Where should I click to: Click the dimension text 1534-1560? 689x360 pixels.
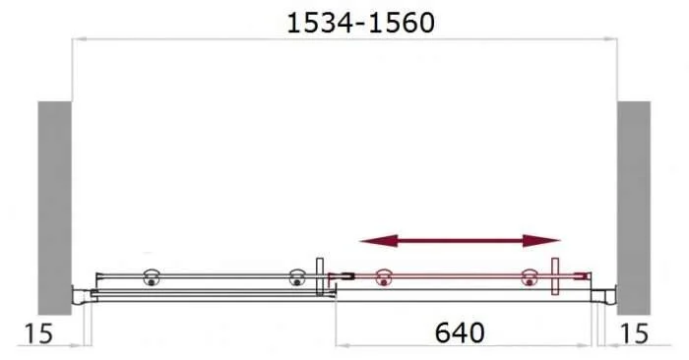click(359, 23)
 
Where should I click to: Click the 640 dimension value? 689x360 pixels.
click(459, 333)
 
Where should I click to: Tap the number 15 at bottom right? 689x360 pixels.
click(635, 334)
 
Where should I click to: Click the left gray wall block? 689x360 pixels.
click(55, 202)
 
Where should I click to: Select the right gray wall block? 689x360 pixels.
click(634, 202)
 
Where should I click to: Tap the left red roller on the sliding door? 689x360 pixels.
click(384, 279)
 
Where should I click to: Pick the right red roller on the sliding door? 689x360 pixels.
click(529, 279)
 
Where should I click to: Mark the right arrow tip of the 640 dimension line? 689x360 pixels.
click(592, 345)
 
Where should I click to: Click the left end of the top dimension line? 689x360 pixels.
click(73, 40)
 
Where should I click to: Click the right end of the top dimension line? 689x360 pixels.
click(616, 40)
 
